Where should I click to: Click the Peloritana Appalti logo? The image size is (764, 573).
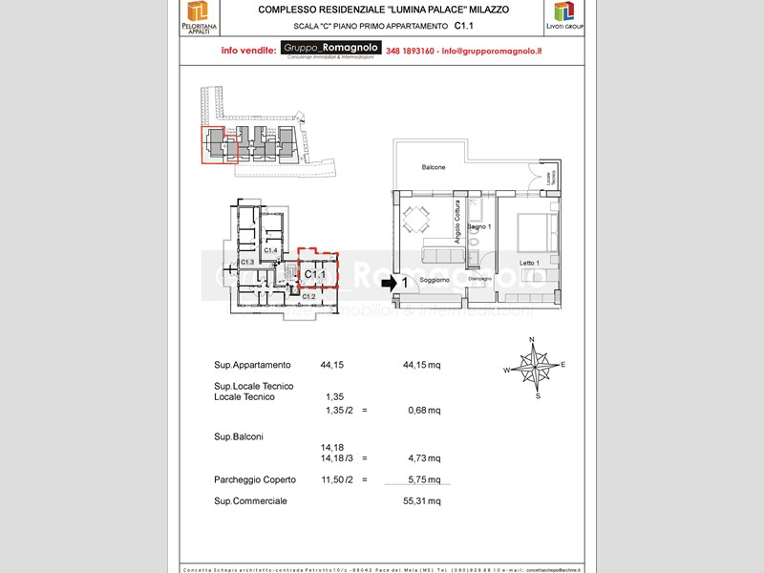tap(197, 16)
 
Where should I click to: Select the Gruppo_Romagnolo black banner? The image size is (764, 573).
tap(331, 48)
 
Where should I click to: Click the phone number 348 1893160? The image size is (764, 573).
tap(411, 50)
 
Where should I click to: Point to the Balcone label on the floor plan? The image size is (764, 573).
tap(434, 167)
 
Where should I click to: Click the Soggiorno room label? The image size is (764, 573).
tap(435, 281)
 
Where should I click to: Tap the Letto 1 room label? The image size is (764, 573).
tap(530, 263)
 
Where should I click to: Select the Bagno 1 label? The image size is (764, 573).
tap(478, 226)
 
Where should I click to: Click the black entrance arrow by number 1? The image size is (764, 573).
tap(388, 283)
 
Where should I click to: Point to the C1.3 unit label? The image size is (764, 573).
tap(246, 262)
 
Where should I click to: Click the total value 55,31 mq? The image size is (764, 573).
tap(422, 500)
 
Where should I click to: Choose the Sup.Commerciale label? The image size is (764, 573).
tap(250, 500)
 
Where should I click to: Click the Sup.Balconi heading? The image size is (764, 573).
tap(239, 436)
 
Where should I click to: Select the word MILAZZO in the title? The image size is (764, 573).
tap(487, 9)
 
